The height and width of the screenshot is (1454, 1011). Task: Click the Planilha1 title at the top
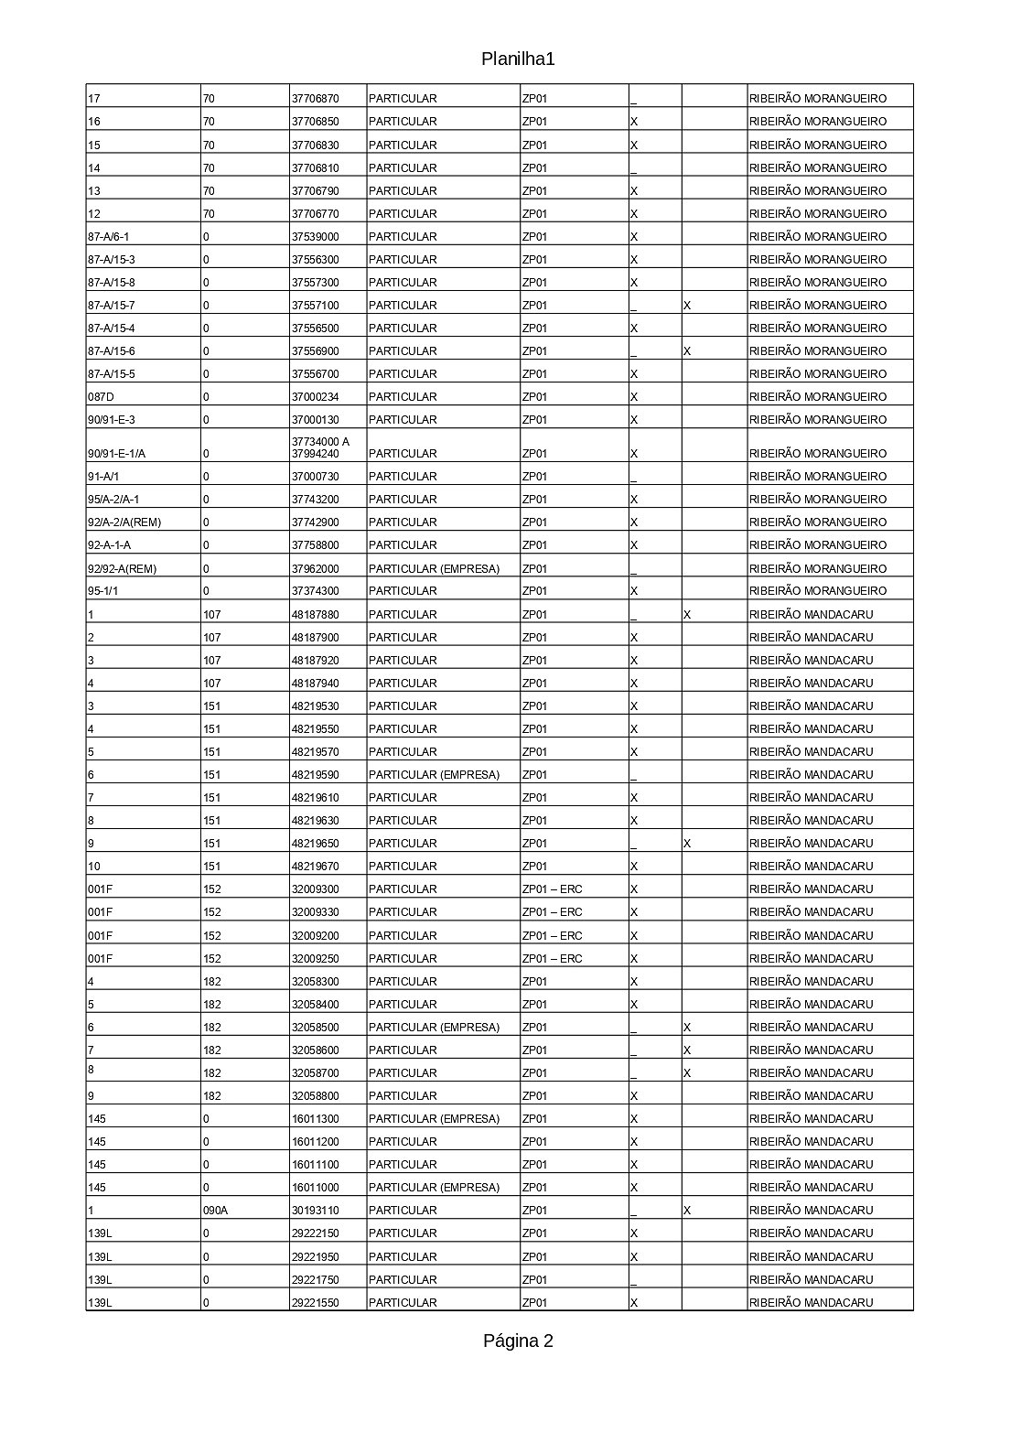(518, 59)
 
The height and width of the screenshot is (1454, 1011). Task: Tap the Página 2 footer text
(518, 1341)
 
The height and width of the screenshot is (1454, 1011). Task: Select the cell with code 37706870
(315, 99)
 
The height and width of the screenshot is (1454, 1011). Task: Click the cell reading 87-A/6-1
(109, 237)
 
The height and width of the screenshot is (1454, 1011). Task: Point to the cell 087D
(102, 397)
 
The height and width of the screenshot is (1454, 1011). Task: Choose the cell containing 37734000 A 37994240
(320, 447)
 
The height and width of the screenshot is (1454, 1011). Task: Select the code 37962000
(315, 569)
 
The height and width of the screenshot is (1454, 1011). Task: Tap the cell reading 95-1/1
(103, 591)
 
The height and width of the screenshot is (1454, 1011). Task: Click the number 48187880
(315, 615)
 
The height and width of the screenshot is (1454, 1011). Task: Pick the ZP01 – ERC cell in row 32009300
(552, 889)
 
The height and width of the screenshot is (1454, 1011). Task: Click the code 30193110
(315, 1211)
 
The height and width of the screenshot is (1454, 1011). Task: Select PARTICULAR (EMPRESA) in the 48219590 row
(434, 775)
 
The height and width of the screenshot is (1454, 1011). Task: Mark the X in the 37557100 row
(687, 306)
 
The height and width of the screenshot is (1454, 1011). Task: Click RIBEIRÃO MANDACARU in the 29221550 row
(811, 1303)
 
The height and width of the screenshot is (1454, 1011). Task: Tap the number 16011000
(315, 1188)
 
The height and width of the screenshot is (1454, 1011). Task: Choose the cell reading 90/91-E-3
(112, 420)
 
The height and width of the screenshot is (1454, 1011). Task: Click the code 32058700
(315, 1073)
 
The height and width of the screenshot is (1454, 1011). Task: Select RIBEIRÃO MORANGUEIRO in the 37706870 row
(817, 99)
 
